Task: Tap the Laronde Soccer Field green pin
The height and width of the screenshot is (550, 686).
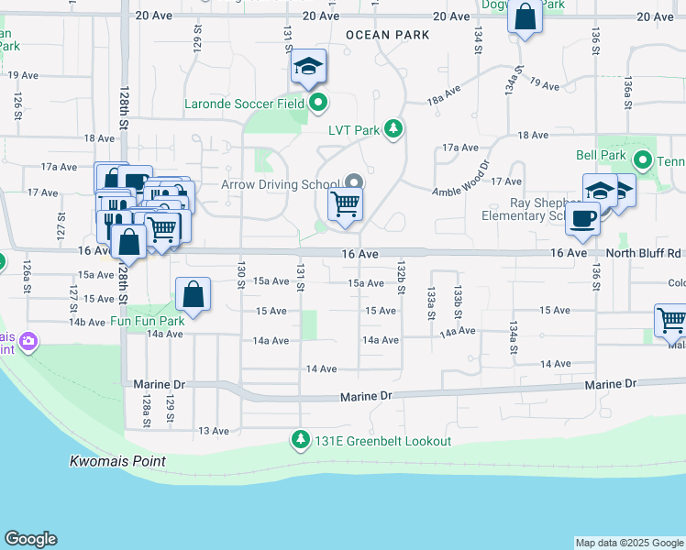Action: [318, 103]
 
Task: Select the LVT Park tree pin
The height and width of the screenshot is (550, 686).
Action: [393, 129]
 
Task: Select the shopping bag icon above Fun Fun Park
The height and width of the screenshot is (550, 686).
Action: [194, 295]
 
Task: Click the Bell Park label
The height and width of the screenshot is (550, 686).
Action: [601, 155]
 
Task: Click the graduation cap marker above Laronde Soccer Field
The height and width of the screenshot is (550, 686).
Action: [309, 67]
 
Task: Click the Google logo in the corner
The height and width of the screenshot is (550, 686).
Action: [30, 539]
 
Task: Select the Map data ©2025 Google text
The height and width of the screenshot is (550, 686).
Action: [629, 543]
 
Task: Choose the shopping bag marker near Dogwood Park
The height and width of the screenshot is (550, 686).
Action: [524, 16]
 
